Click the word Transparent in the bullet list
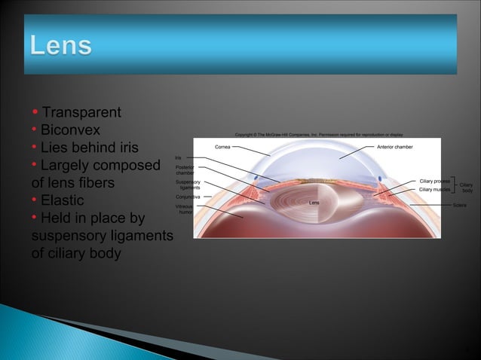[81, 112]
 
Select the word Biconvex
[70, 130]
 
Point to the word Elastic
[63, 201]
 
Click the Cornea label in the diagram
[223, 146]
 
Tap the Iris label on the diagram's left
[179, 157]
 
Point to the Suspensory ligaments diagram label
[188, 185]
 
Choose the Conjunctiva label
[187, 197]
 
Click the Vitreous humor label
[185, 209]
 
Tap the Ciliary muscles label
[434, 190]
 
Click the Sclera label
[460, 205]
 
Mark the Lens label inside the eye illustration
[316, 203]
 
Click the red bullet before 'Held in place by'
[35, 219]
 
